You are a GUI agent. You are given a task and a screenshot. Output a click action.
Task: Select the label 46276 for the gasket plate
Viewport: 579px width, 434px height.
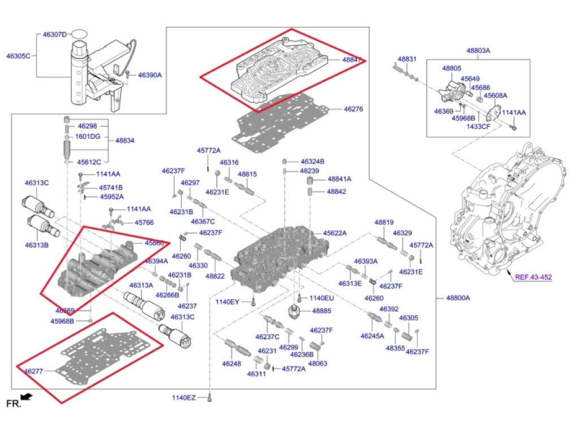point(353,108)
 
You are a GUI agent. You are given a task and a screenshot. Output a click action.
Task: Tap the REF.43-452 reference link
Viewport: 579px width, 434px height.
point(533,277)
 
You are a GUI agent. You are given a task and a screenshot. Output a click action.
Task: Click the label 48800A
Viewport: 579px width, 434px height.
point(458,298)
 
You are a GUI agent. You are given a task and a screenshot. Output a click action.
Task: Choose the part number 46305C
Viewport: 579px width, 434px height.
point(18,56)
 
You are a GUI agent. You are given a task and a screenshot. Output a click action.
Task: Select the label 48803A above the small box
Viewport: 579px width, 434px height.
point(478,50)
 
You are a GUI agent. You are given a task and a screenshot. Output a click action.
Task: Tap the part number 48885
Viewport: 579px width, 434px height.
point(322,310)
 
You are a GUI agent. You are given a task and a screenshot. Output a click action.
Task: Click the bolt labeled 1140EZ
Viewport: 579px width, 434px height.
point(210,398)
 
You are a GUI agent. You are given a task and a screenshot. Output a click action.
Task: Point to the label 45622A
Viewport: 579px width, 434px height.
point(335,233)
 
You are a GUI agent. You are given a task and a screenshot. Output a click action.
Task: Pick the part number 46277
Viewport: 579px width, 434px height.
point(33,371)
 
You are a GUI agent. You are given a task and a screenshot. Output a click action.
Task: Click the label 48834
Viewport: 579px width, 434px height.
point(125,140)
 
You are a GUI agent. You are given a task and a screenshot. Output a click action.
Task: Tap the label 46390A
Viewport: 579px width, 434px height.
point(150,75)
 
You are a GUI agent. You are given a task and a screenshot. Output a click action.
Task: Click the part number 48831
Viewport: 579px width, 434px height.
point(407,59)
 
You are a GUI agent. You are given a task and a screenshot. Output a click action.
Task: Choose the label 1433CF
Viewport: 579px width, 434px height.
point(478,126)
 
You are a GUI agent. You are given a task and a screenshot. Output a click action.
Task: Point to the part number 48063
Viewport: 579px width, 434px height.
point(318,364)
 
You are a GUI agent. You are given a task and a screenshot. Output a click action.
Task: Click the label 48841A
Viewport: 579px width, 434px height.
point(339,179)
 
